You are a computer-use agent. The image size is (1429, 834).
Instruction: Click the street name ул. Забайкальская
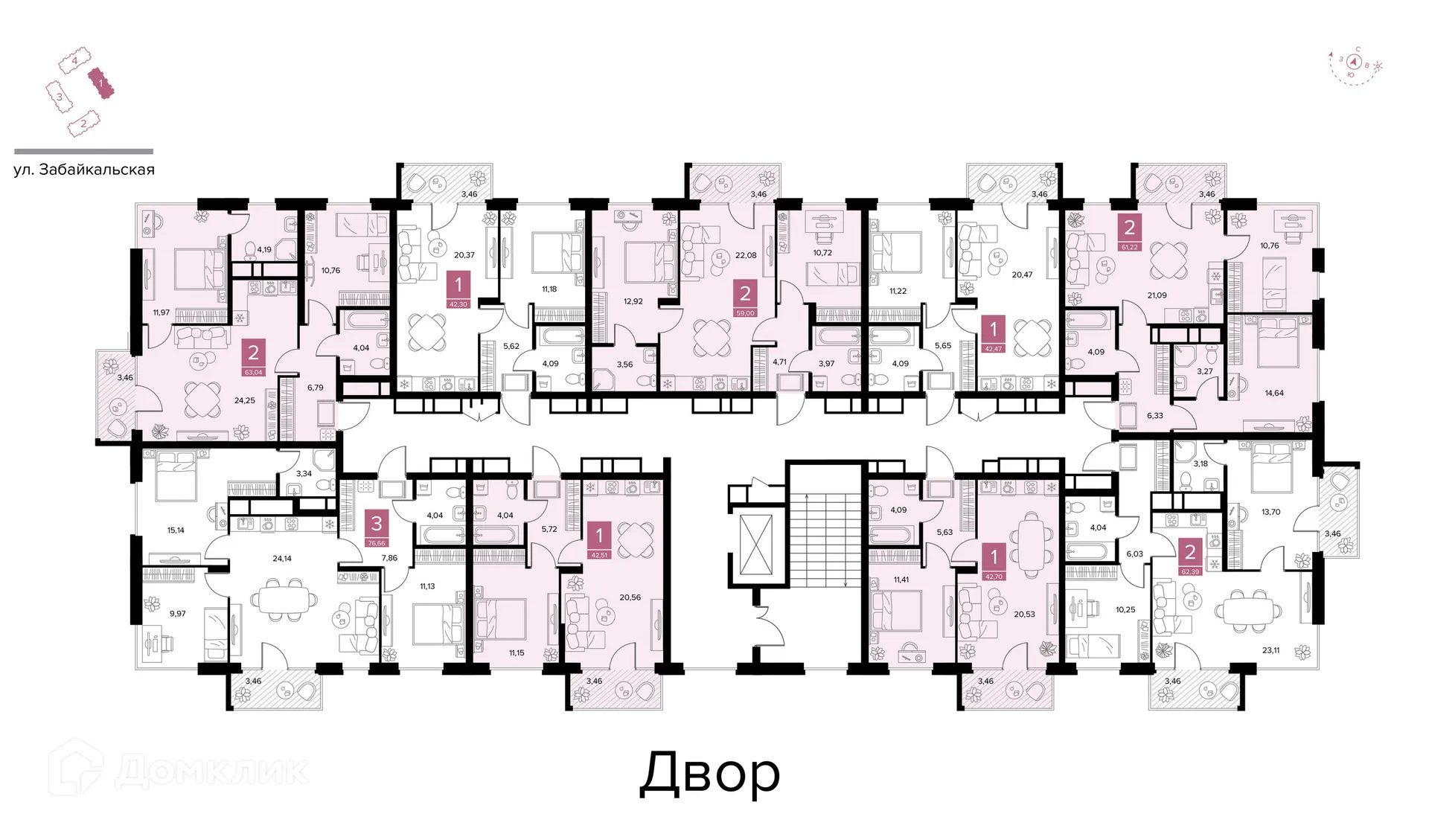pyautogui.click(x=84, y=170)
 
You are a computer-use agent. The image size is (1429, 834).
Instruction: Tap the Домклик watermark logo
pyautogui.click(x=179, y=769)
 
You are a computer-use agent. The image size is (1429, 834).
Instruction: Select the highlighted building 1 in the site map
pyautogui.click(x=100, y=83)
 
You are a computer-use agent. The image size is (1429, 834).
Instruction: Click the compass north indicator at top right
pyautogui.click(x=1355, y=62)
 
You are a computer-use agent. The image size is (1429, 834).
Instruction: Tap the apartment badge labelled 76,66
pyautogui.click(x=377, y=529)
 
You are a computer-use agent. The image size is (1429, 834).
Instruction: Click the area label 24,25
pyautogui.click(x=244, y=400)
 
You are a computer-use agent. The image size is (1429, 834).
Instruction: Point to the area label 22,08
pyautogui.click(x=746, y=255)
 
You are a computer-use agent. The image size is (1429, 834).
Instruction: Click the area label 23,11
pyautogui.click(x=1270, y=650)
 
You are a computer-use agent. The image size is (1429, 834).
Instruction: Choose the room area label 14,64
pyautogui.click(x=1273, y=393)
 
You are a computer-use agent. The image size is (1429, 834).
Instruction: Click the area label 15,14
pyautogui.click(x=176, y=530)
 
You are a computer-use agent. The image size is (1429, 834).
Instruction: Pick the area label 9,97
pyautogui.click(x=177, y=614)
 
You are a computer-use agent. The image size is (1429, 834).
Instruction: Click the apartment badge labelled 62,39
pyautogui.click(x=1189, y=557)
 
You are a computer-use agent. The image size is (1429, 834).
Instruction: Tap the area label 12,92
pyautogui.click(x=633, y=301)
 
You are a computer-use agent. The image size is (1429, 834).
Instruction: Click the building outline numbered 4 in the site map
pyautogui.click(x=74, y=60)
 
